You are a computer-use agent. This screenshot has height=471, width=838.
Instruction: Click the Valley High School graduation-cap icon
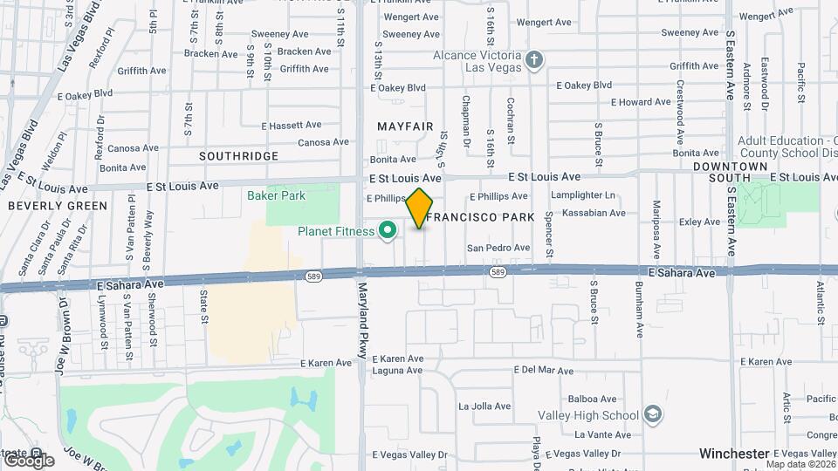pos(651,414)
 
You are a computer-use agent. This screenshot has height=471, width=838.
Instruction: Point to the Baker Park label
pos(276,195)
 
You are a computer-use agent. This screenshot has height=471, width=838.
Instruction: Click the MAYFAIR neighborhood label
pos(405,126)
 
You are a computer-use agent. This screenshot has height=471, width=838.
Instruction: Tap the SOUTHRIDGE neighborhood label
pos(238,156)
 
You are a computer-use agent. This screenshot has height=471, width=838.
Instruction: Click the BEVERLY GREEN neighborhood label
pos(58,206)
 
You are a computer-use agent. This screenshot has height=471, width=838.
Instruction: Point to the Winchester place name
pos(734,454)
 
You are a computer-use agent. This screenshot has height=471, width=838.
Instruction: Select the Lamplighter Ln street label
pos(583,196)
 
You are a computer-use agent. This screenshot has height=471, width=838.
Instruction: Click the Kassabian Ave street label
pos(594,213)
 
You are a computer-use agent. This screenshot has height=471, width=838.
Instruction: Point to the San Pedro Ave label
pos(498,248)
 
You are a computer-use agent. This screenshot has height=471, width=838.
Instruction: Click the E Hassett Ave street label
pos(291,126)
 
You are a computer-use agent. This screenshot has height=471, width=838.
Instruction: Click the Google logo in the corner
pos(28,460)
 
